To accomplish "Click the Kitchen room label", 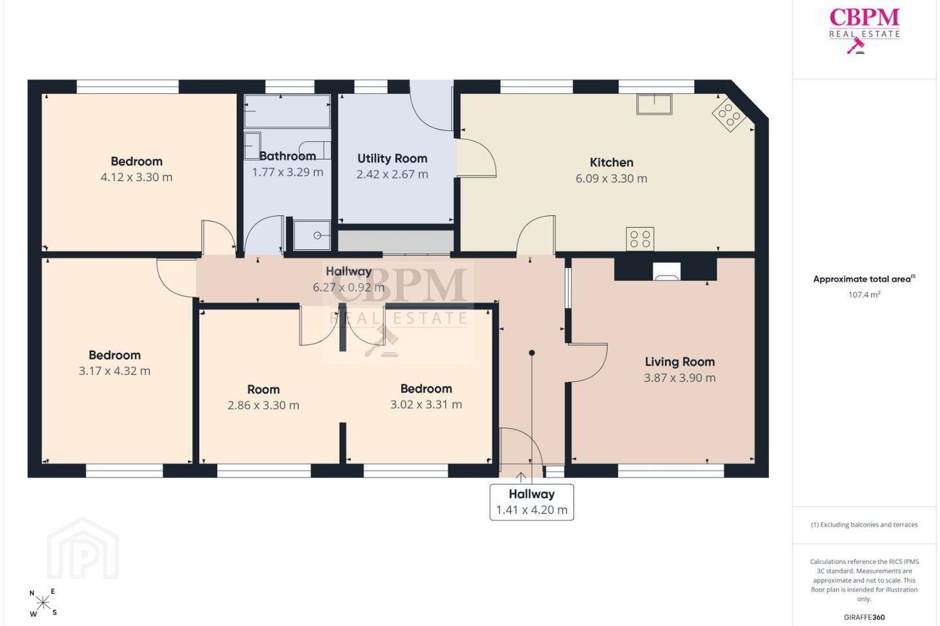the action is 612,162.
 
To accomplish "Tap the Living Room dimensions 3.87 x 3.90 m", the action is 680,378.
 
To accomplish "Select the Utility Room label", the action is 392,158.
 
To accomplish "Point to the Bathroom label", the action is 287,156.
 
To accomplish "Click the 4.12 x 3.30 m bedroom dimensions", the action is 136,177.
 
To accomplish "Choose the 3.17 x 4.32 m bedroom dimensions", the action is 115,371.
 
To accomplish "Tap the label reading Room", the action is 264,389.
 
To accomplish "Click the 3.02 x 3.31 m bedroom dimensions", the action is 426,404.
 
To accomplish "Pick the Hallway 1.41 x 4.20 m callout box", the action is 531,502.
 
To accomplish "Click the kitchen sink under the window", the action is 654,104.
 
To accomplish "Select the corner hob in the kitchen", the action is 729,114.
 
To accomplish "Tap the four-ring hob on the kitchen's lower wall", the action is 640,239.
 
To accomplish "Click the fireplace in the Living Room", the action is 667,272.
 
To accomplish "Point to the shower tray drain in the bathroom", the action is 317,235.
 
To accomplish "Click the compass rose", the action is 43,604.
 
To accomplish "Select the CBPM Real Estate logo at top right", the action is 864,31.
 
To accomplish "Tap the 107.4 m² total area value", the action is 864,295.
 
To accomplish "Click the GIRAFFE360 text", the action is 864,617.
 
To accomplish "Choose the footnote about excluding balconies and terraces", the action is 864,524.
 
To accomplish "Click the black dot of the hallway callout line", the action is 531,353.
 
